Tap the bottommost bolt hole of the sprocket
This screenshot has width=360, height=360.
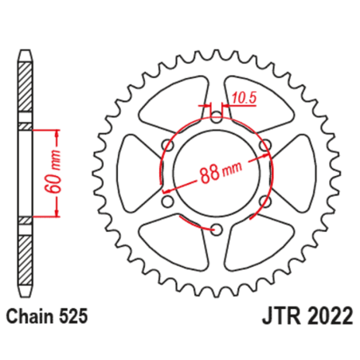click(x=215, y=230)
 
